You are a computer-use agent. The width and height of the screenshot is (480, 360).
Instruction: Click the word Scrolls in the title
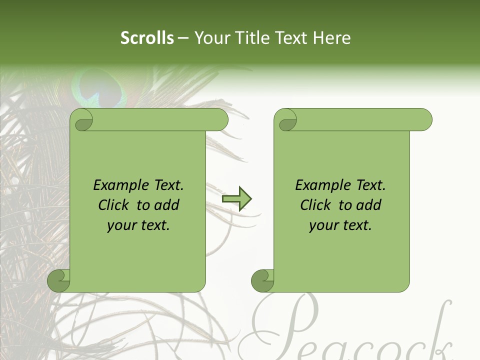click(x=147, y=38)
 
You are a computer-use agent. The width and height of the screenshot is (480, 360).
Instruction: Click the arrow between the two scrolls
click(x=236, y=199)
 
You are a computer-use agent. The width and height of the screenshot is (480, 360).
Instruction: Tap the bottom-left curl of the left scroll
click(x=58, y=280)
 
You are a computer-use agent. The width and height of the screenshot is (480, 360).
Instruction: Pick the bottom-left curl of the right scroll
click(x=262, y=280)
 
